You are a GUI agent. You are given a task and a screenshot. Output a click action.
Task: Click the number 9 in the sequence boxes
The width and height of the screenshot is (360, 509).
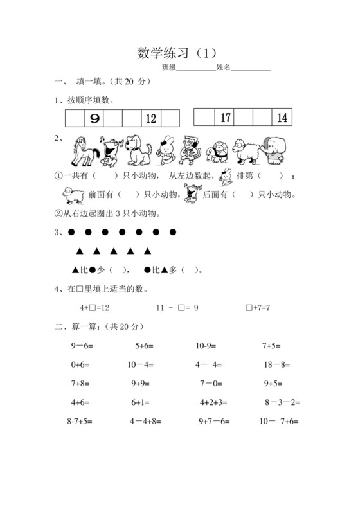click(95, 118)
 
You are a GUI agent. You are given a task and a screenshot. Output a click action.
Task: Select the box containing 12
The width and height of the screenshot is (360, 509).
click(151, 118)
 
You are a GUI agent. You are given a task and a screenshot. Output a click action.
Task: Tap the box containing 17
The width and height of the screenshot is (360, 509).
click(225, 118)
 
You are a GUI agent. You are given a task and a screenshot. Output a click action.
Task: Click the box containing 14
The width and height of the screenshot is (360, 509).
click(282, 118)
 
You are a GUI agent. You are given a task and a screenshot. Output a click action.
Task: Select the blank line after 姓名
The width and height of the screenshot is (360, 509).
click(251, 67)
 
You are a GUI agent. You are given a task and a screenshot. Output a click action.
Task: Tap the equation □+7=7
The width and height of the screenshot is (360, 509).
click(258, 308)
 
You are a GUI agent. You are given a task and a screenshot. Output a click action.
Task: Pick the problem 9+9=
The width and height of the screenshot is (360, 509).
click(141, 384)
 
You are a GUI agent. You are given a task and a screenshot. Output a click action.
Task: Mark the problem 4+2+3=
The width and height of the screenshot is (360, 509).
click(213, 403)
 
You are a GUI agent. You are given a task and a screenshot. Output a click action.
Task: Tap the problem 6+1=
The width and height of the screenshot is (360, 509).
click(141, 403)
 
